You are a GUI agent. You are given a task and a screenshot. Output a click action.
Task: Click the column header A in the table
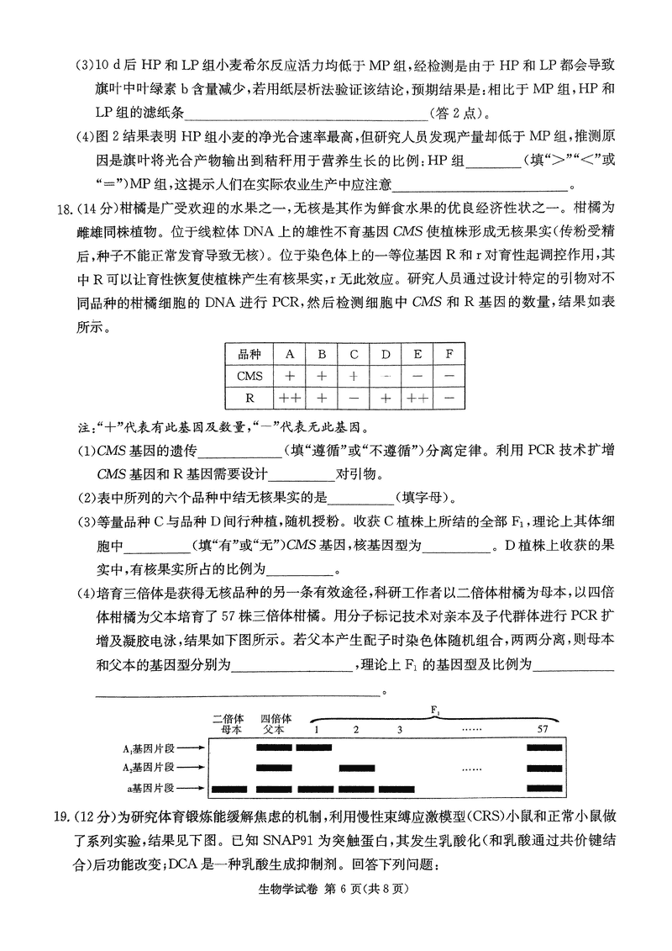290,354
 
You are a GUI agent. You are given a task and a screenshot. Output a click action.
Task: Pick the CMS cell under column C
354,376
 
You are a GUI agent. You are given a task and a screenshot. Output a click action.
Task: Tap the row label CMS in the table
249,376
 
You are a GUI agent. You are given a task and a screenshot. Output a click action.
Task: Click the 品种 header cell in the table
249,354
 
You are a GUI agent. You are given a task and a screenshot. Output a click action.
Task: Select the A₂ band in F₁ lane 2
355,767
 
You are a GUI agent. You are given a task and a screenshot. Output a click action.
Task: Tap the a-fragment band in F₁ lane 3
399,789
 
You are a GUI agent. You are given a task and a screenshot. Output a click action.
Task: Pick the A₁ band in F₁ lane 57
543,746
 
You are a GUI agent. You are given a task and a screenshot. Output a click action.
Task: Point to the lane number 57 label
543,729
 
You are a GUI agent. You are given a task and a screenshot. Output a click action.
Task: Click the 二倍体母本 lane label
228,724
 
